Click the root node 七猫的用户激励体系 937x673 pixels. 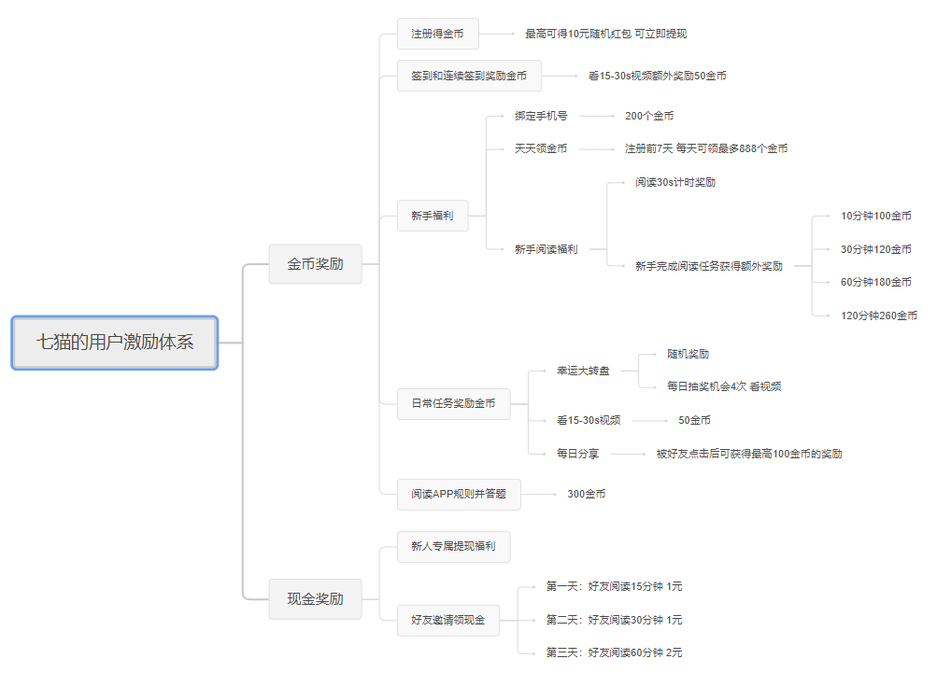click(x=115, y=343)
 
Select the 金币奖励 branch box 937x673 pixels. click(x=315, y=264)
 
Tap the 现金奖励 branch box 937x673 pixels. click(x=315, y=598)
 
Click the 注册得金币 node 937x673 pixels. click(x=438, y=34)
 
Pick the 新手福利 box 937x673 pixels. click(x=433, y=216)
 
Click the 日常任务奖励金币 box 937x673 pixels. click(x=454, y=404)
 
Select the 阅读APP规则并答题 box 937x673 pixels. click(x=459, y=494)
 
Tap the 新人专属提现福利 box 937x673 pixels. click(x=454, y=546)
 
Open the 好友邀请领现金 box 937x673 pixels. click(x=448, y=620)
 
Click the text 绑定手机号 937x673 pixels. click(x=541, y=116)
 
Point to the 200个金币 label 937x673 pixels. click(x=649, y=116)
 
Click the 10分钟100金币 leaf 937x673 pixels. click(x=876, y=216)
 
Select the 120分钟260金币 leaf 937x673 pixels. click(x=879, y=315)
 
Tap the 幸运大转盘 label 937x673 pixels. click(x=583, y=371)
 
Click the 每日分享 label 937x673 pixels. click(x=578, y=454)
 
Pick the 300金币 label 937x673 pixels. click(x=587, y=494)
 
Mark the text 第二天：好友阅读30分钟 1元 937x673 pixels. click(x=615, y=620)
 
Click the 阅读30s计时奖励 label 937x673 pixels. click(x=675, y=182)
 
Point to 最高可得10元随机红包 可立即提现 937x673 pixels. click(x=606, y=34)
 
